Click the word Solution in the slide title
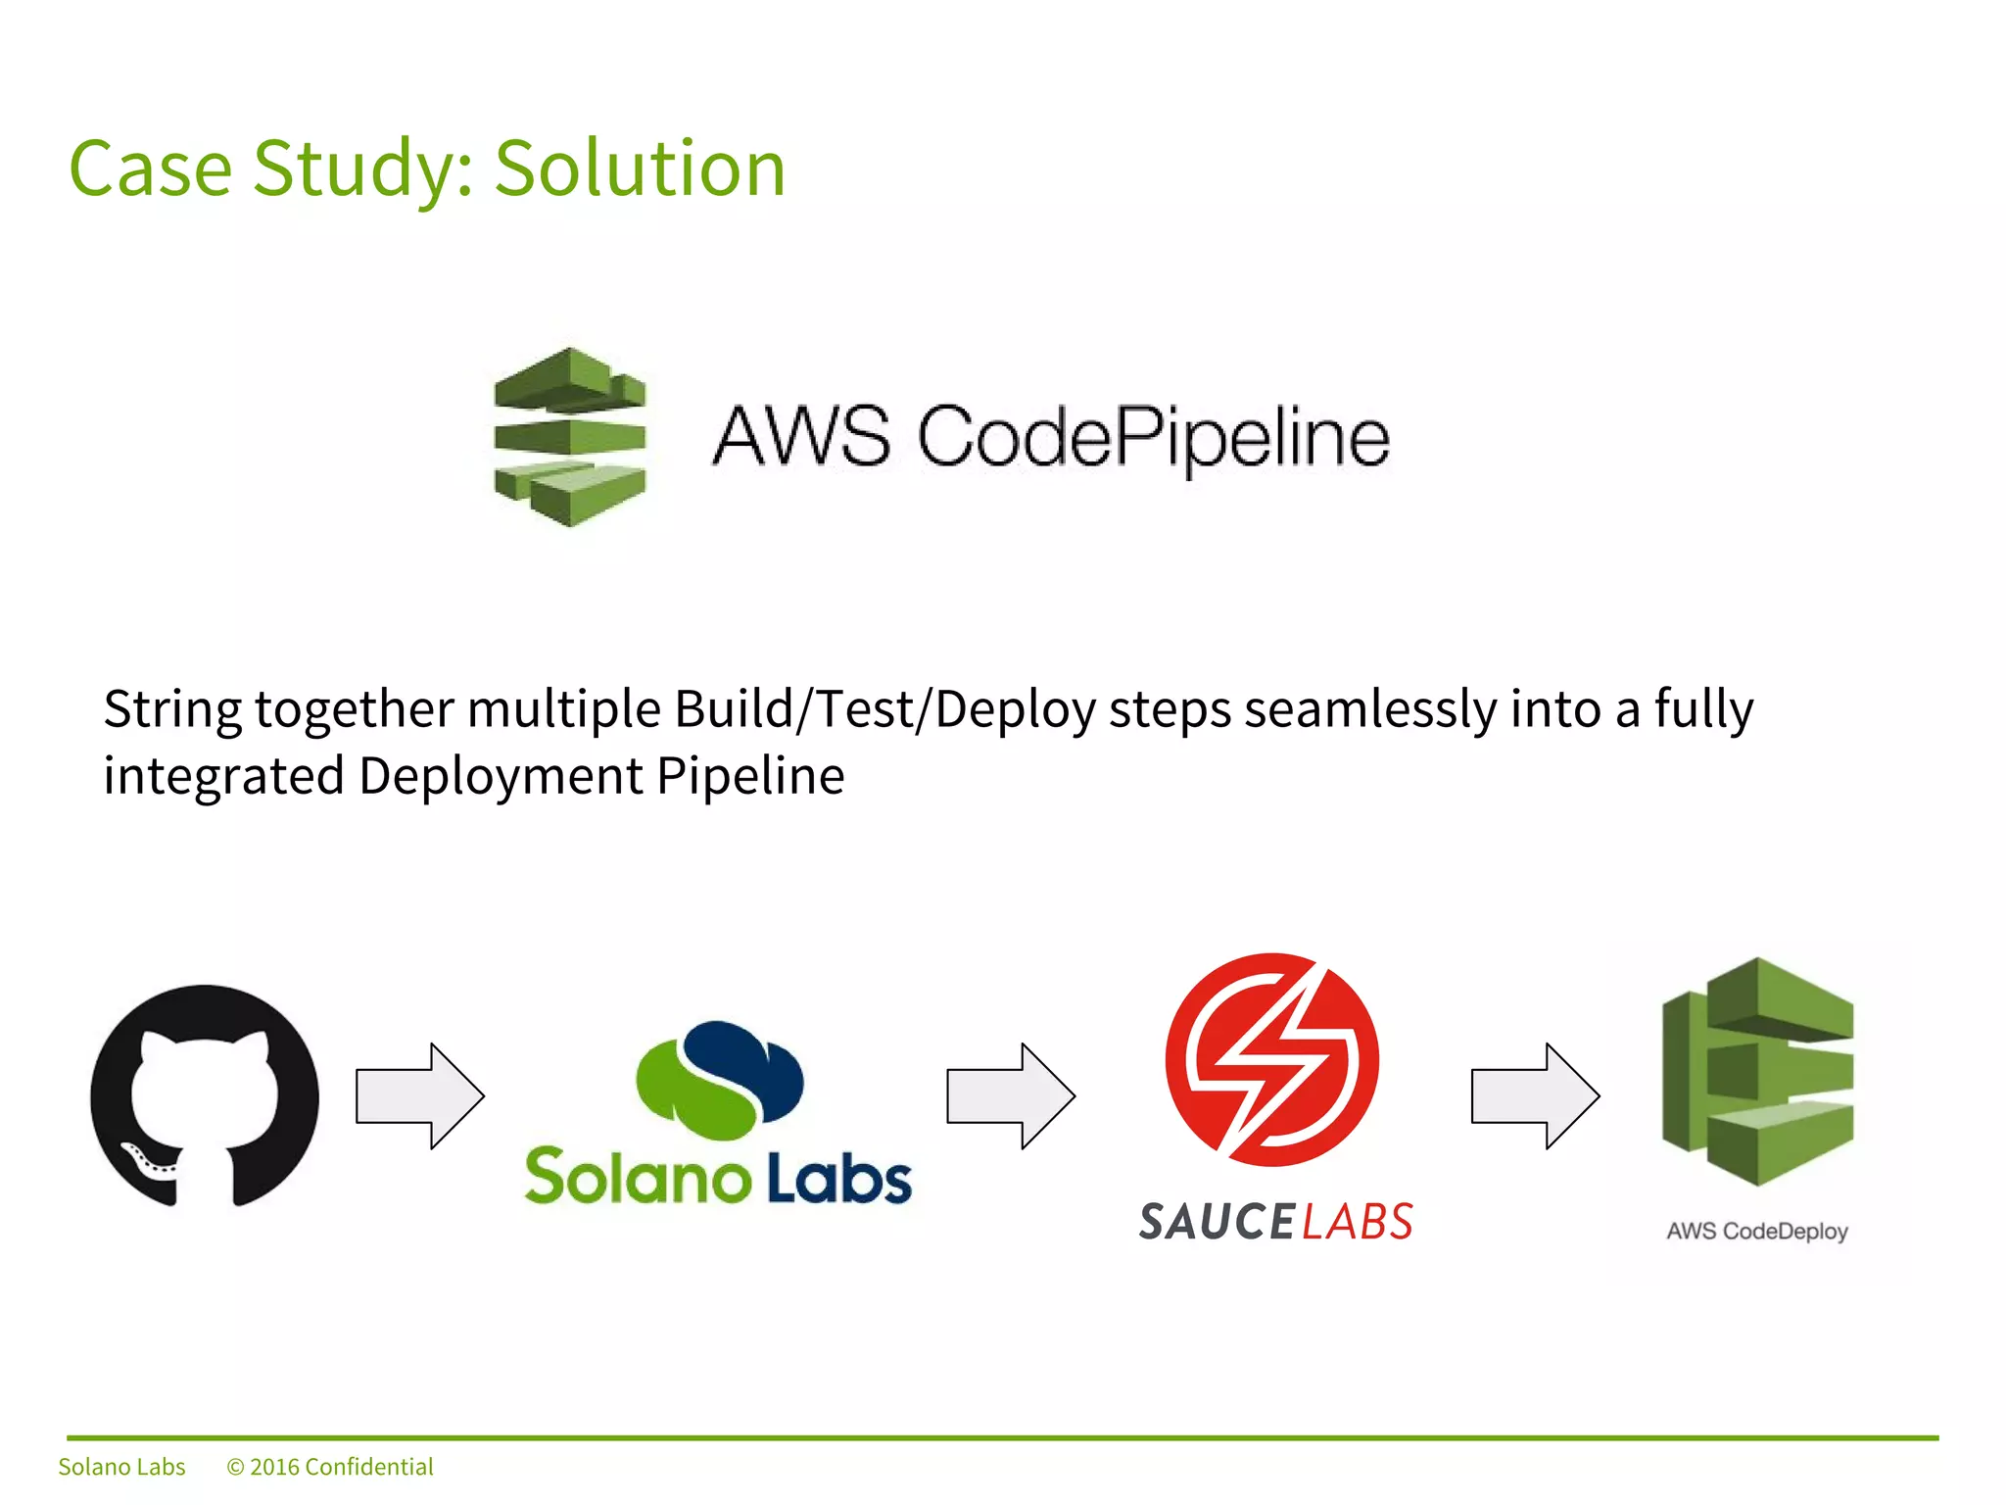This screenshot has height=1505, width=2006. pyautogui.click(x=640, y=169)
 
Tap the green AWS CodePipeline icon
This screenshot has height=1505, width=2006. pyautogui.click(x=570, y=437)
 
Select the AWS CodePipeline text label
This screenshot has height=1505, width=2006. pyautogui.click(x=1050, y=437)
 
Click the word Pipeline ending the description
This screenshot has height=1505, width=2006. pyautogui.click(x=750, y=776)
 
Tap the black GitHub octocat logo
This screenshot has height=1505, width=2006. pyautogui.click(x=205, y=1095)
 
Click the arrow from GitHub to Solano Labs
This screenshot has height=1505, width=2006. pyautogui.click(x=419, y=1095)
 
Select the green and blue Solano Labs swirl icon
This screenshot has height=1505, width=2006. pyautogui.click(x=720, y=1081)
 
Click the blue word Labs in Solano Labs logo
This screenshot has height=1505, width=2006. pyautogui.click(x=838, y=1178)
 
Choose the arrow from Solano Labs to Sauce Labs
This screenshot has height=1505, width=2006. pyautogui.click(x=1010, y=1095)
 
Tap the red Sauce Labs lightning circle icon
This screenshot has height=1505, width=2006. pyautogui.click(x=1271, y=1059)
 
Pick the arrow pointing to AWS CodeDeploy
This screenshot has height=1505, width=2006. pyautogui.click(x=1535, y=1095)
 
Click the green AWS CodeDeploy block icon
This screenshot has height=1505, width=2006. pyautogui.click(x=1757, y=1071)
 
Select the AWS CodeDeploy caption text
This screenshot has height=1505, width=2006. pyautogui.click(x=1757, y=1231)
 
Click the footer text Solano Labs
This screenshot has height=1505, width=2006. pyautogui.click(x=121, y=1467)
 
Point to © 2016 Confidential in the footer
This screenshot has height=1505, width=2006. pyautogui.click(x=330, y=1467)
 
